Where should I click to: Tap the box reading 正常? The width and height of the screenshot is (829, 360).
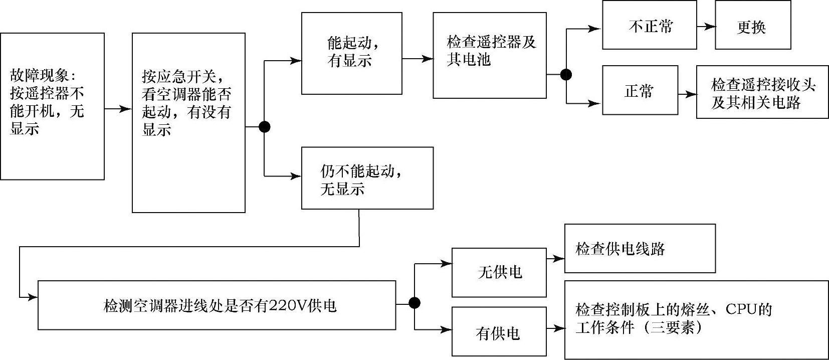point(640,90)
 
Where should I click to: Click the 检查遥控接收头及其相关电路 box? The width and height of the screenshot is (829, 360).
point(762,92)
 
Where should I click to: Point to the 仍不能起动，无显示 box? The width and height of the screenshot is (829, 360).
point(367,178)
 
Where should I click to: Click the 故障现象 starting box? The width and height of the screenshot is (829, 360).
point(52,106)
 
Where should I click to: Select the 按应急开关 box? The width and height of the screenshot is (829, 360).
point(188,123)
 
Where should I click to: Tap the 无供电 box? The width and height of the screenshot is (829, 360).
point(499,272)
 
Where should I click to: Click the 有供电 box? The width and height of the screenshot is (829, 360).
point(499,331)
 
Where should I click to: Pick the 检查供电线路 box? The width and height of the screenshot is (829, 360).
point(640,249)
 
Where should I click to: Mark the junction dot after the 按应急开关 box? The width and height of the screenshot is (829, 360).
point(264,127)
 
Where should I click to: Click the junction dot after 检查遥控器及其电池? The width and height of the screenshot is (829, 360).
point(566,75)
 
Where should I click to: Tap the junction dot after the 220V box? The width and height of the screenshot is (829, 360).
point(414,303)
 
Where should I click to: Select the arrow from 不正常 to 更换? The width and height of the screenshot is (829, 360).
point(706,27)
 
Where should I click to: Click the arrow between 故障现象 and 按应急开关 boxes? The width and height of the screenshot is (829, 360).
point(118,108)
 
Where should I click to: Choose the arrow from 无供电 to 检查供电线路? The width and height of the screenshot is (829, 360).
point(555,259)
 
